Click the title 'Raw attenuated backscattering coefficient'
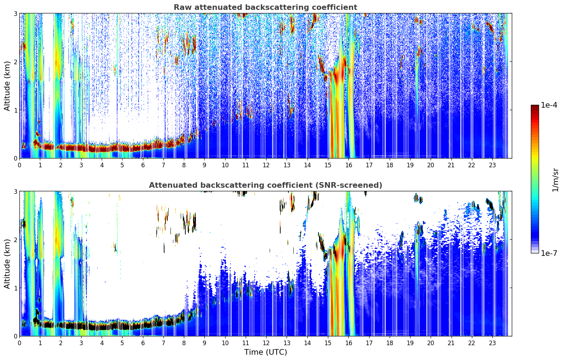[x=265, y=7]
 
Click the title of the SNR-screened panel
[x=265, y=185]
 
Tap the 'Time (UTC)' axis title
[x=265, y=352]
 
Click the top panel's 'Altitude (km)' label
[x=7, y=86]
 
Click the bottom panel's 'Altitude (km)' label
[x=7, y=264]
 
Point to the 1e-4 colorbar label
[x=549, y=105]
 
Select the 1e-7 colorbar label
[x=549, y=253]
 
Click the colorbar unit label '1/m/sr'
[x=555, y=180]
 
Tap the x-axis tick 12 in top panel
[x=266, y=165]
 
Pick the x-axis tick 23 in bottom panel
[x=492, y=343]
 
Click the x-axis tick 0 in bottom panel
[x=19, y=343]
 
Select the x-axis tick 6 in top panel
[x=143, y=165]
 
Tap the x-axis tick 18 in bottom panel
[x=389, y=343]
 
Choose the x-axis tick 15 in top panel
[x=328, y=165]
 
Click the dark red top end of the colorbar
[x=534, y=106]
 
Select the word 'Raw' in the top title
[x=181, y=7]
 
